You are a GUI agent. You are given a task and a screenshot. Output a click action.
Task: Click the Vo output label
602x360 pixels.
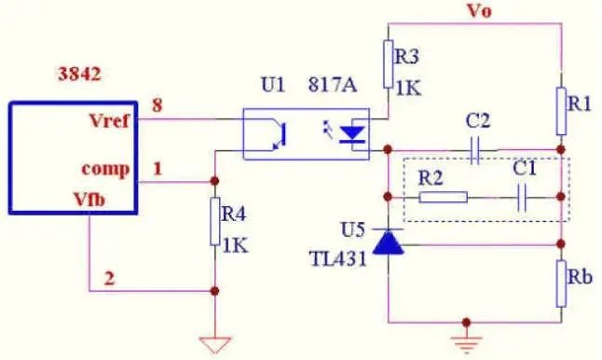[x=479, y=11]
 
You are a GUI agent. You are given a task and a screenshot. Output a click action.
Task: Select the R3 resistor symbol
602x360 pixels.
[x=389, y=63]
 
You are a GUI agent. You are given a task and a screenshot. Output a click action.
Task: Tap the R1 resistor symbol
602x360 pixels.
[x=561, y=111]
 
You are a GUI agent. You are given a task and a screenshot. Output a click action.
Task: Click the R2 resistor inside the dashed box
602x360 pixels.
[x=443, y=197]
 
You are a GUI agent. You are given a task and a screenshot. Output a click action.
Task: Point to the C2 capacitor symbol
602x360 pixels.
[x=475, y=150]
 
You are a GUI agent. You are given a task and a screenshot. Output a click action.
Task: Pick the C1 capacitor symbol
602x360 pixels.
[x=522, y=198]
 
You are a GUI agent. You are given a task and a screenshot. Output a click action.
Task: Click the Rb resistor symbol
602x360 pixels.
[x=561, y=284]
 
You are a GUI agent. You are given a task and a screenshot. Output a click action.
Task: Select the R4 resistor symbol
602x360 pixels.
[x=215, y=221]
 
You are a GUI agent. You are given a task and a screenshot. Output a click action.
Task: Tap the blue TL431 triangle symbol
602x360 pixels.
[x=389, y=242]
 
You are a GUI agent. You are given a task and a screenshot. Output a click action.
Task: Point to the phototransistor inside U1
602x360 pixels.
[x=280, y=134]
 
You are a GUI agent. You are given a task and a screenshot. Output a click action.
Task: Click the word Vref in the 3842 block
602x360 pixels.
[x=109, y=120]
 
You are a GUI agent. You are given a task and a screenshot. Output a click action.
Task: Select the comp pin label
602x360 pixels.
[x=105, y=169]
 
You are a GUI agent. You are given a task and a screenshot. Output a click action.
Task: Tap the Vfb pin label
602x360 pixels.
[x=89, y=200]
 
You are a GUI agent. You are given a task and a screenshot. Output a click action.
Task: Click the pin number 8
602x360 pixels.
[x=157, y=104]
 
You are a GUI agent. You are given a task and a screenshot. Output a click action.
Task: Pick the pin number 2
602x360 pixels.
[x=109, y=278]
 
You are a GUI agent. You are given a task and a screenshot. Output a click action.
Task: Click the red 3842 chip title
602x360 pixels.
[x=79, y=74]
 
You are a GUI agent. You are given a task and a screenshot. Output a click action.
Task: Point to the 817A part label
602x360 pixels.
[x=333, y=85]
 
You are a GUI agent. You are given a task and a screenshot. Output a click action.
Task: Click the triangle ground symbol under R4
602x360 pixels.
[x=215, y=345]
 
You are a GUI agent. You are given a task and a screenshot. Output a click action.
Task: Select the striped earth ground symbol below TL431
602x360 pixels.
[x=466, y=344]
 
